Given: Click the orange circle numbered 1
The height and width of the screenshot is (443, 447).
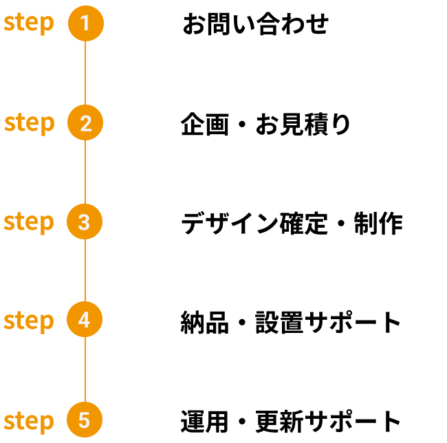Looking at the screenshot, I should click(85, 23).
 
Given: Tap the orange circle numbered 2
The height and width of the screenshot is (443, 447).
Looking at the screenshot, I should click(85, 123).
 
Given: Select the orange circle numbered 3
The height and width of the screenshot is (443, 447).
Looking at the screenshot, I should click(85, 222).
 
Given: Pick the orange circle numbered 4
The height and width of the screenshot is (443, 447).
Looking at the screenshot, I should click(85, 320).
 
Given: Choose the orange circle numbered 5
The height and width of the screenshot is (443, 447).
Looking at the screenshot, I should click(85, 420).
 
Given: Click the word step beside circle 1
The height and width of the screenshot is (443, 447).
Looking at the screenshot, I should click(29, 23).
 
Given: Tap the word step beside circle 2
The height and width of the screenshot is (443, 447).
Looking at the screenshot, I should click(29, 123).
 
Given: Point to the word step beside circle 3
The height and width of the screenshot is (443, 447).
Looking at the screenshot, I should click(29, 222).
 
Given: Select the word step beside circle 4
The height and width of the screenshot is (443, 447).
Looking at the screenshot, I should click(29, 321).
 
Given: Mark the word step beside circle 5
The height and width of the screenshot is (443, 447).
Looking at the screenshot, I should click(29, 421).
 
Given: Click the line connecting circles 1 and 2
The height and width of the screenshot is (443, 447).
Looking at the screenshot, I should click(85, 73).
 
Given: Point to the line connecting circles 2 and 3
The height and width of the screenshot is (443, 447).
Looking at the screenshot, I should click(85, 173).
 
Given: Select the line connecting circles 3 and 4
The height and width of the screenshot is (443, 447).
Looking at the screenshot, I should click(85, 271).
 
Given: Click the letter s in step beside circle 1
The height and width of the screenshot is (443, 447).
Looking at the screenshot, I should click(9, 23).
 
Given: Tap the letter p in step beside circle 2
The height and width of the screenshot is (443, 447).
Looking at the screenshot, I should click(47, 125).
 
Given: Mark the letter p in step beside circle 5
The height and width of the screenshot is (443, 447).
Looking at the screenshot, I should click(47, 423).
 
